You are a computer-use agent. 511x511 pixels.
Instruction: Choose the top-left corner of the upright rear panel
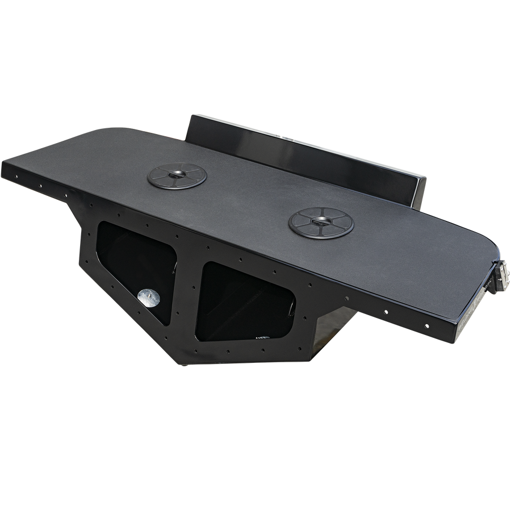point(191,116)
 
